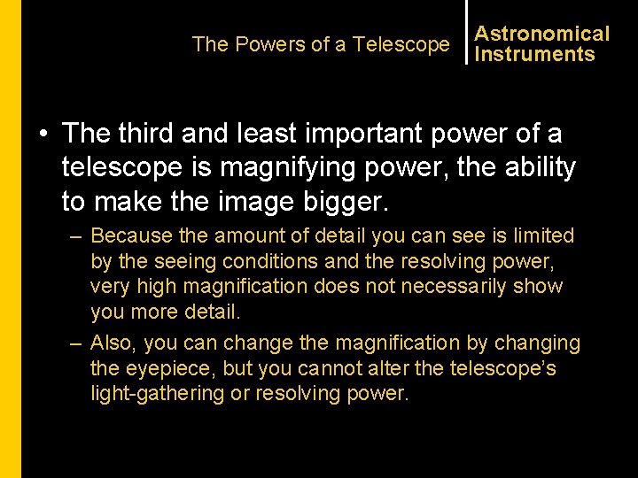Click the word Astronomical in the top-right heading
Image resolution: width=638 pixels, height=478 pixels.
541,34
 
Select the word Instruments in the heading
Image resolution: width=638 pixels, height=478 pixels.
534,54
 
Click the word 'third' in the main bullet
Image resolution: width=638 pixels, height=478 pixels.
140,134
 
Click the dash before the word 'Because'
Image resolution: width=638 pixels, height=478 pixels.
78,236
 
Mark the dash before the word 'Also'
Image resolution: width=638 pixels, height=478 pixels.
78,343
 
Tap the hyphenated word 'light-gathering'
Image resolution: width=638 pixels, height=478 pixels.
158,393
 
